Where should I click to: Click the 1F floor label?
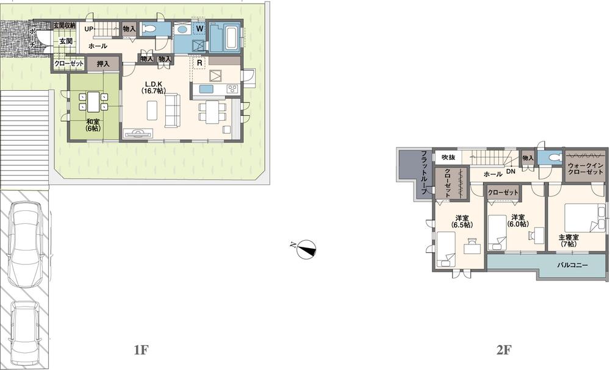click(x=141, y=350)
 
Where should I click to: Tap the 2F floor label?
click(x=503, y=350)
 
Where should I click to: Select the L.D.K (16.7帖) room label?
click(x=152, y=87)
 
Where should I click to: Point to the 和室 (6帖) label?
click(x=93, y=124)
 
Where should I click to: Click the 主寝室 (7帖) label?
click(x=567, y=240)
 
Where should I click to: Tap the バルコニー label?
click(x=573, y=266)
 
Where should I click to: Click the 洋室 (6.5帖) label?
click(x=462, y=221)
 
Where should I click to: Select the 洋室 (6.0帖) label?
click(x=518, y=221)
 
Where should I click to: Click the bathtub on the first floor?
click(x=225, y=38)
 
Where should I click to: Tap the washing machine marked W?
click(x=199, y=28)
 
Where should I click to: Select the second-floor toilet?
click(x=554, y=157)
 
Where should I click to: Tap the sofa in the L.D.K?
click(x=173, y=110)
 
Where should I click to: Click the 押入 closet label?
click(x=102, y=63)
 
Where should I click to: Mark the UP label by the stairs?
click(x=88, y=29)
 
